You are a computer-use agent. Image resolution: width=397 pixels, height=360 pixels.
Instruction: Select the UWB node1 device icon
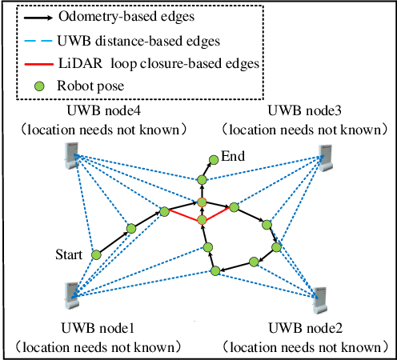coord(70,294)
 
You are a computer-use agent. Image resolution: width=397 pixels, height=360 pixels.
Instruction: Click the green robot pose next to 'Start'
coord(96,255)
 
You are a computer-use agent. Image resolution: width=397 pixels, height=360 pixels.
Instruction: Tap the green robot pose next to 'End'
coord(211,160)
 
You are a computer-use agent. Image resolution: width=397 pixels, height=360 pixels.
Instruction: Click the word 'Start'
coord(70,255)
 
